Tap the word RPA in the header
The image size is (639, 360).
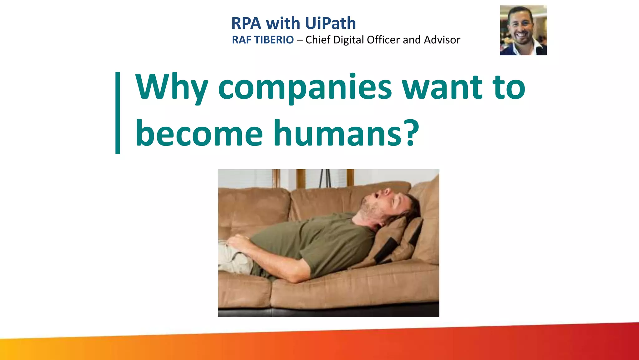click(x=246, y=23)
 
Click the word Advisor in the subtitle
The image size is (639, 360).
click(x=442, y=40)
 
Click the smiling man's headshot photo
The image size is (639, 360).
click(x=523, y=30)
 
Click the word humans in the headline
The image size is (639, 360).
click(x=337, y=134)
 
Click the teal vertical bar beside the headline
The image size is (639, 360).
click(x=118, y=113)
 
